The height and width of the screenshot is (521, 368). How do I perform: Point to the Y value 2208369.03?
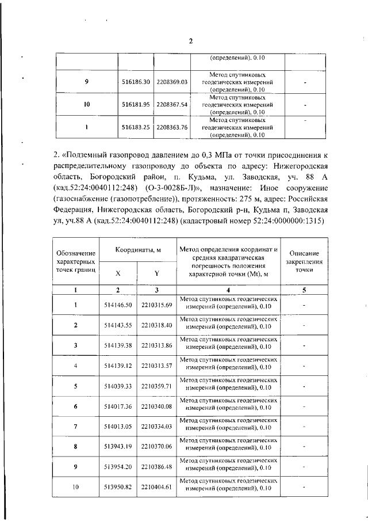[x=172, y=82]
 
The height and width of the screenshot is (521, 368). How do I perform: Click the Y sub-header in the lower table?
[x=156, y=273]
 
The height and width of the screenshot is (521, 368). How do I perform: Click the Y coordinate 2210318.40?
[x=156, y=325]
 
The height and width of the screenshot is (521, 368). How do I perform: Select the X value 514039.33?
[x=118, y=386]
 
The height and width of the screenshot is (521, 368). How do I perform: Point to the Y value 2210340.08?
[x=156, y=406]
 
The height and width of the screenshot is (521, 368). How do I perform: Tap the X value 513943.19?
[x=118, y=447]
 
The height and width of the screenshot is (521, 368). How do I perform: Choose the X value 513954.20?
[x=118, y=467]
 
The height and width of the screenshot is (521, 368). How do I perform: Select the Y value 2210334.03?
[x=156, y=427]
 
